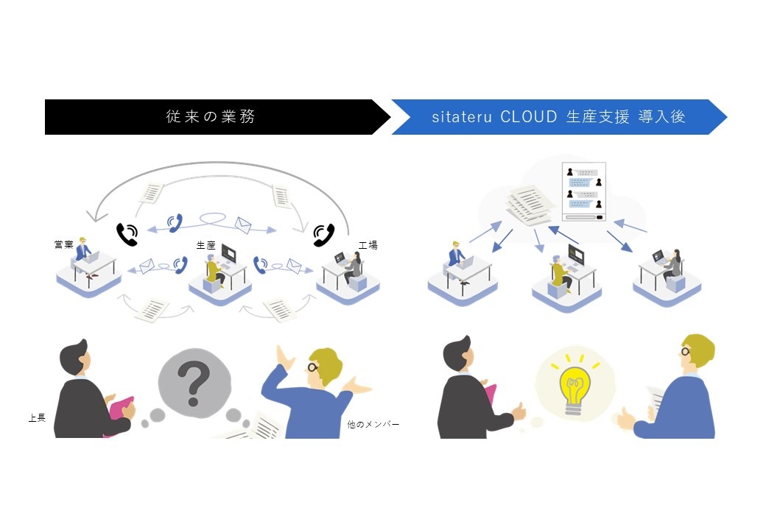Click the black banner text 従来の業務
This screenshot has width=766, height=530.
(x=210, y=116)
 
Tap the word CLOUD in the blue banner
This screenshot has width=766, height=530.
(x=529, y=116)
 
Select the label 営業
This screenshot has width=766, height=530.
(x=64, y=244)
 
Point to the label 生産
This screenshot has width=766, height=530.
(x=205, y=245)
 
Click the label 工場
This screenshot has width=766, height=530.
(x=368, y=245)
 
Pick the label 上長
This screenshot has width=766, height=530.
(x=37, y=418)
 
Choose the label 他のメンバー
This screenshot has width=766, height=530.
(x=373, y=424)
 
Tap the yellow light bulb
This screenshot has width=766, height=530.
(x=574, y=389)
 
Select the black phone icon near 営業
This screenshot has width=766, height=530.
(x=127, y=234)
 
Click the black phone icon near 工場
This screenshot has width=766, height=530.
(x=323, y=235)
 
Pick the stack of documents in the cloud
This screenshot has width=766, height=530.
(x=530, y=205)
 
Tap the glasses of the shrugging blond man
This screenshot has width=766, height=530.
(x=313, y=367)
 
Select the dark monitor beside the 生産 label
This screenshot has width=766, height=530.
(x=228, y=253)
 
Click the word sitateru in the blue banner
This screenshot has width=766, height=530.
(x=462, y=117)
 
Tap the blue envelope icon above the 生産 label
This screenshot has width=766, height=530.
(x=243, y=225)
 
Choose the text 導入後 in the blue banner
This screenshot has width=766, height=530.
(x=661, y=116)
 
